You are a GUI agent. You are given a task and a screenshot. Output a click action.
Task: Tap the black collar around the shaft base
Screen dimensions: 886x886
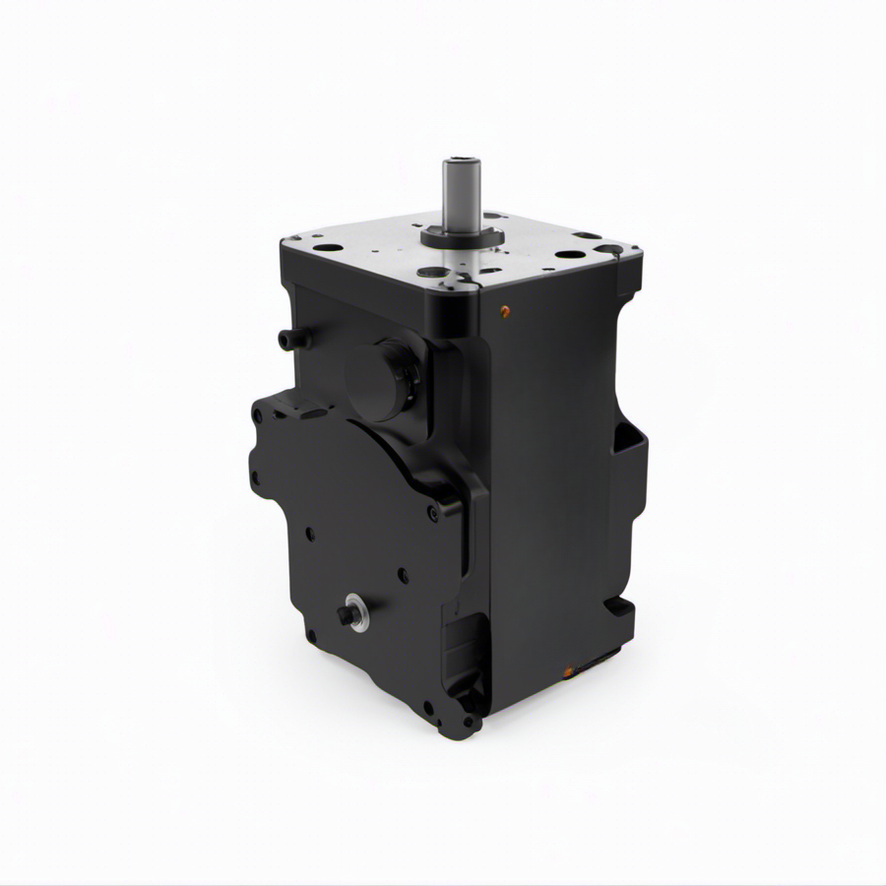462,236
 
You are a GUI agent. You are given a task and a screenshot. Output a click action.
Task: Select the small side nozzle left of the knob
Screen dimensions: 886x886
287,340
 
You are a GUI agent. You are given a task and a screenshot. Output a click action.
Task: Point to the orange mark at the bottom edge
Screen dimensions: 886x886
568,671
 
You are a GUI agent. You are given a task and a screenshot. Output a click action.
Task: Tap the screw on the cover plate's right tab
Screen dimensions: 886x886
433,512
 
